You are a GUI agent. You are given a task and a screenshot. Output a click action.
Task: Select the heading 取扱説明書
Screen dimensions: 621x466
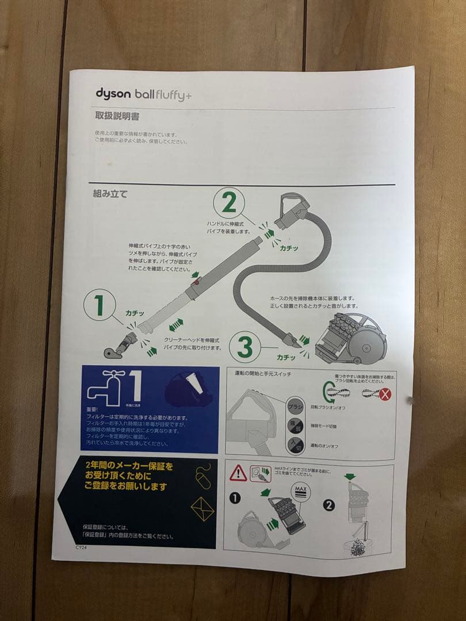coord(117,116)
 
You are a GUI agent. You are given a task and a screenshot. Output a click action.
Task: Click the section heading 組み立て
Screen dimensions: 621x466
coord(110,194)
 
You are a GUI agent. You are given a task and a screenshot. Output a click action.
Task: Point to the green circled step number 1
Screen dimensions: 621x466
coord(100,305)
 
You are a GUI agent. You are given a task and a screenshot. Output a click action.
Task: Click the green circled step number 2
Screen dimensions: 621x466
coord(229,203)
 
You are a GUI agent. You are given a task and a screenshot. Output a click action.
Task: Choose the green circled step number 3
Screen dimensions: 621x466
coord(245,347)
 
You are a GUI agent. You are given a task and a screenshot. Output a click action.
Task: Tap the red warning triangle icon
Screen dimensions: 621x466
coord(238,473)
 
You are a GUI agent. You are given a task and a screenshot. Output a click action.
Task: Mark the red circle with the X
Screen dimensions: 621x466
coord(384,394)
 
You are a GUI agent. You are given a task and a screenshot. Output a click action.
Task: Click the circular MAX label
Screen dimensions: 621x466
coord(300,490)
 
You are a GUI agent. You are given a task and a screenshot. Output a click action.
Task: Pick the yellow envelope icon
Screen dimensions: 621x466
coord(203,509)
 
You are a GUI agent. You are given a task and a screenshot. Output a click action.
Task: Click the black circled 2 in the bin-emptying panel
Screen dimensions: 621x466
coord(329,505)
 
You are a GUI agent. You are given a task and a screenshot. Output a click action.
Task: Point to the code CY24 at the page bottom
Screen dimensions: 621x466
coord(81,548)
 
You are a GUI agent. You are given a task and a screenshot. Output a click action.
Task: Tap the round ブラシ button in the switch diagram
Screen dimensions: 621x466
coord(295,407)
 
